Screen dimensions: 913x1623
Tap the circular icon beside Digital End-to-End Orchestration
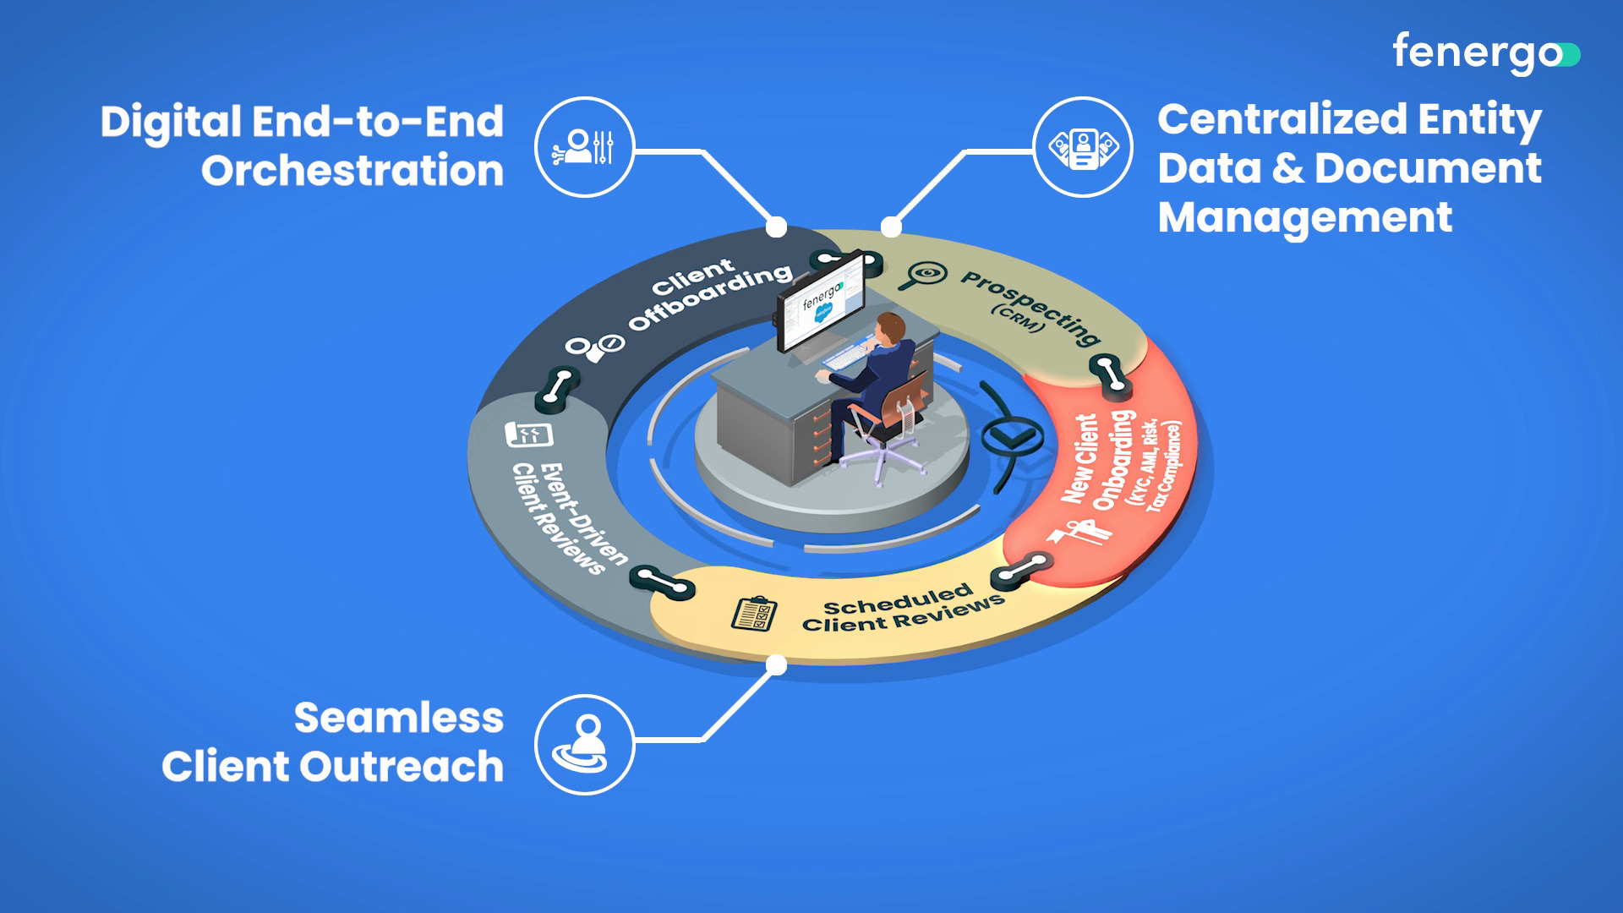[584, 147]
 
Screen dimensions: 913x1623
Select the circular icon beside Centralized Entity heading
[1083, 147]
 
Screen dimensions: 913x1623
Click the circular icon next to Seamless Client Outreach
[584, 745]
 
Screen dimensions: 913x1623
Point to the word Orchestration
[352, 171]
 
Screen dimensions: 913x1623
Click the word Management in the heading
[1304, 217]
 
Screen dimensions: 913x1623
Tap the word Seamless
[398, 719]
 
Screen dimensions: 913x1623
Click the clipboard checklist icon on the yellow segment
[753, 614]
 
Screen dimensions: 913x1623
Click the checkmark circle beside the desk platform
[1009, 436]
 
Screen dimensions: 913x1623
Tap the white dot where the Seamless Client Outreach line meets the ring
[776, 666]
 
